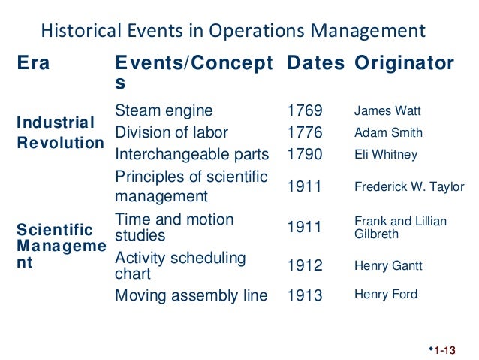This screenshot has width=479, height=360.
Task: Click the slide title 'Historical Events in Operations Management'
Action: point(232,31)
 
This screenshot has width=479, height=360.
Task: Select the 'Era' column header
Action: point(34,64)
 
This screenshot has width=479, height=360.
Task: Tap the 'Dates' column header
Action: point(316,64)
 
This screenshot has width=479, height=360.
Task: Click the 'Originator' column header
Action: point(405,64)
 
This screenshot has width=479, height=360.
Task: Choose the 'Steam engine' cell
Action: point(164,111)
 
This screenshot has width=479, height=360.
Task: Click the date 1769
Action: point(305,111)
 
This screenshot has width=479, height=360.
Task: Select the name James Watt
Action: point(387,112)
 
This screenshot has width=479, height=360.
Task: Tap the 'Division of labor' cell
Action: point(172,133)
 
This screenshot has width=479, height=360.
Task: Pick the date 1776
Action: point(305,133)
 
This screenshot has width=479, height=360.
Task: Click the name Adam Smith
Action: point(388,133)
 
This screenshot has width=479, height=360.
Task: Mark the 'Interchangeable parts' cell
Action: point(191,155)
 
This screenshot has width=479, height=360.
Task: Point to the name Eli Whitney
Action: point(385,155)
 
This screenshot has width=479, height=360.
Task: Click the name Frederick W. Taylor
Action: point(409,187)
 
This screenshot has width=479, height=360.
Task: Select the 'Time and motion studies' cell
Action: point(174,228)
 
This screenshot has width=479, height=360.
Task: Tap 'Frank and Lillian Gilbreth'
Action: point(400,228)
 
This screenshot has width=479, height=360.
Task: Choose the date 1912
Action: point(305,265)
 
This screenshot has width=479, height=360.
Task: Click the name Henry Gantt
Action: point(388,265)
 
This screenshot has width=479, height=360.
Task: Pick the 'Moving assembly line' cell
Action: point(191,295)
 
